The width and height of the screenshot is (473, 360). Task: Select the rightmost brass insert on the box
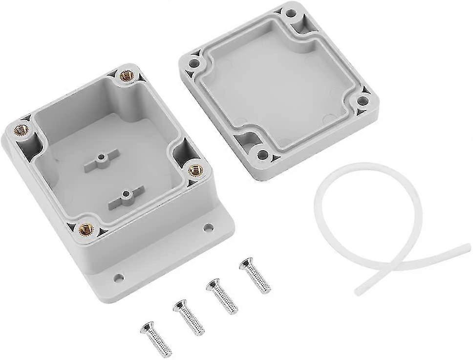(195, 170)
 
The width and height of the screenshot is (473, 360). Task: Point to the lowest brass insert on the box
(86, 228)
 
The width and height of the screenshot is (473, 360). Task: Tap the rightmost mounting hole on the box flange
(208, 227)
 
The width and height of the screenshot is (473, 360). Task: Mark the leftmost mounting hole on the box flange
(118, 277)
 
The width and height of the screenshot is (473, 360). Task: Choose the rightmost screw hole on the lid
(363, 101)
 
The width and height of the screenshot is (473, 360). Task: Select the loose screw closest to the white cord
(255, 275)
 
